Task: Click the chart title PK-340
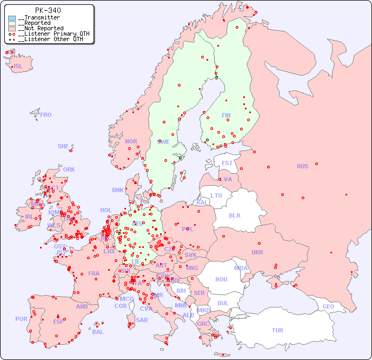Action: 48,10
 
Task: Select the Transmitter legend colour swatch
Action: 12,18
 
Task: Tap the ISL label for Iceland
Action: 18,67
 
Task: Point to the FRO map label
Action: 46,115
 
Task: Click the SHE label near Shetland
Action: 63,146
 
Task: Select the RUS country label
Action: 302,166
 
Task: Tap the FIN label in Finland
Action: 226,115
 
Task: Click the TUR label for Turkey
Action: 277,330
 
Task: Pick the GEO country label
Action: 328,306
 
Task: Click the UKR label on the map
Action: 257,252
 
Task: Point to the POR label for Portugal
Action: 21,319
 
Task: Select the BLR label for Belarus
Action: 234,215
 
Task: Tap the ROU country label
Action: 221,279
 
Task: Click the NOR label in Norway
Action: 131,141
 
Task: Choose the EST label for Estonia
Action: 227,163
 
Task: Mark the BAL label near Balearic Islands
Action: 98,332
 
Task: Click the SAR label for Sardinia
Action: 142,319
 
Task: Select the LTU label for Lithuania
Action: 216,195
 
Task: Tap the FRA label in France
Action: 94,273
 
